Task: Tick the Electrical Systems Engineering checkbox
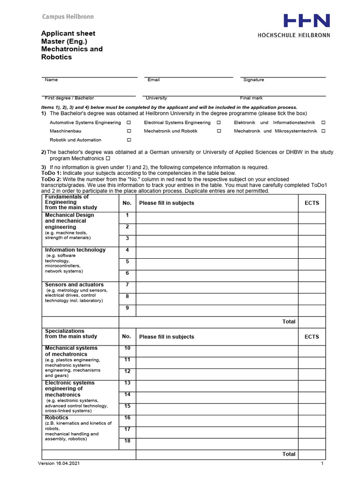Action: [x=218, y=122]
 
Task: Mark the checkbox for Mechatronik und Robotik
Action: [x=218, y=131]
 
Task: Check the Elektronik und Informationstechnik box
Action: [x=323, y=122]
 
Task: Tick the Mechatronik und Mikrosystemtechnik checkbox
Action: [x=323, y=131]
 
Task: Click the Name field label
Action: [x=51, y=80]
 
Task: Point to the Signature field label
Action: [x=254, y=80]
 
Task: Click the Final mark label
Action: [x=251, y=98]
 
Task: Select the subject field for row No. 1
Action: [x=217, y=217]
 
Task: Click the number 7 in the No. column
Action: [x=127, y=285]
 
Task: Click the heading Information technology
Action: [x=75, y=250]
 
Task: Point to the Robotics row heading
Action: [x=57, y=417]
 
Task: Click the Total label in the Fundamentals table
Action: [x=289, y=322]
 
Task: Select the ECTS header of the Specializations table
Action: [x=312, y=337]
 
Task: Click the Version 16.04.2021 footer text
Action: [x=62, y=464]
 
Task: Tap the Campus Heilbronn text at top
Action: [x=68, y=17]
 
